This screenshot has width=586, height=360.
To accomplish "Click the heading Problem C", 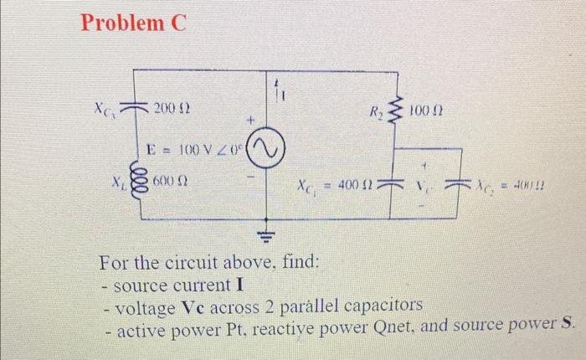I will coord(132,23).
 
